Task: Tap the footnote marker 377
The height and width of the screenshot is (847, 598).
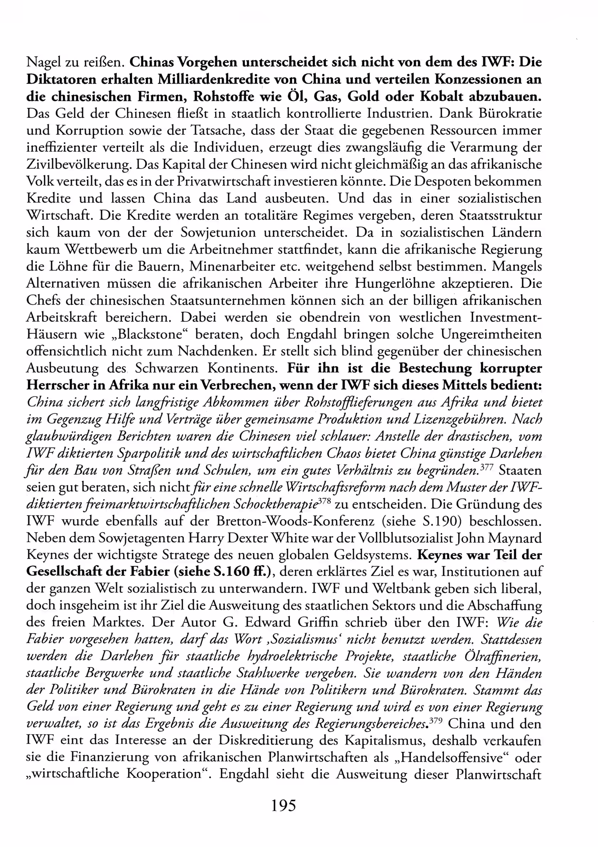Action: [x=487, y=467]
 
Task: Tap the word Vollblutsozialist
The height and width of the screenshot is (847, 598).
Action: [x=406, y=538]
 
